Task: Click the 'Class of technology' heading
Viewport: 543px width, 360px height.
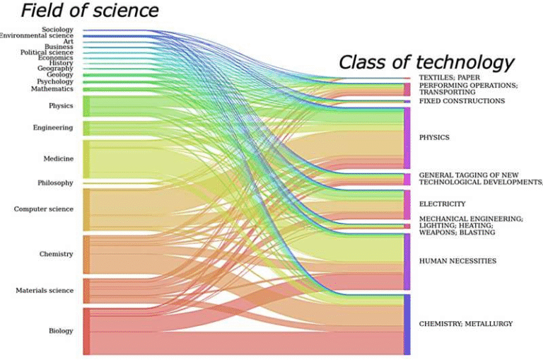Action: [x=426, y=62]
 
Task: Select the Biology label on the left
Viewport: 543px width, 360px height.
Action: [x=60, y=330]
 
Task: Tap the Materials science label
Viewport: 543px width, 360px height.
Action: [x=45, y=291]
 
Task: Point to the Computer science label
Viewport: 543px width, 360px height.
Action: [x=44, y=209]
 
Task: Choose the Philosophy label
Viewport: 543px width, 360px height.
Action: [x=55, y=183]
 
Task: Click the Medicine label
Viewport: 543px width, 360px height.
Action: [x=59, y=158]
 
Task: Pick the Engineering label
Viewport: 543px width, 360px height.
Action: [x=53, y=128]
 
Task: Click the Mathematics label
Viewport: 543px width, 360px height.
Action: [x=52, y=89]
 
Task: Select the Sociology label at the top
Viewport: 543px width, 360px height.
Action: [x=57, y=30]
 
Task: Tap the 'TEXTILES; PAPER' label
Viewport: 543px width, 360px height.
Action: [x=450, y=77]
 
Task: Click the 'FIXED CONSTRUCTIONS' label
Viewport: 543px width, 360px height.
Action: [x=462, y=101]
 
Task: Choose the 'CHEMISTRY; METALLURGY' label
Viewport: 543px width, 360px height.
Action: [x=465, y=323]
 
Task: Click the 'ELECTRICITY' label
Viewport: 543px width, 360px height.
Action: [x=442, y=204]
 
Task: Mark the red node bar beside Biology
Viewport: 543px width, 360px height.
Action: [x=86, y=331]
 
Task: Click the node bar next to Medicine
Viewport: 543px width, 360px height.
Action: [x=86, y=158]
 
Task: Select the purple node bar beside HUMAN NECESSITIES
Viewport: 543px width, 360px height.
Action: [x=407, y=261]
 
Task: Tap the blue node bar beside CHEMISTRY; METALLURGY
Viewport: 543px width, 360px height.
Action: [x=407, y=324]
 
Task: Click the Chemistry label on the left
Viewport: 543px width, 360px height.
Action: [x=57, y=254]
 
